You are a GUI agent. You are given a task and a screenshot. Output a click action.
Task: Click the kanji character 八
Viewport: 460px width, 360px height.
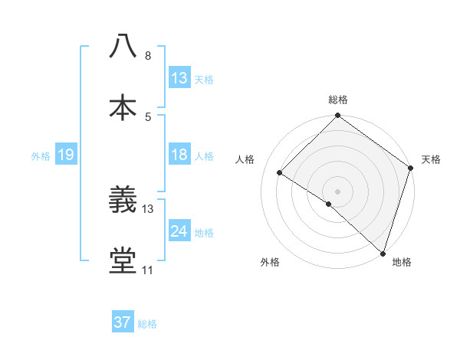click(x=123, y=46)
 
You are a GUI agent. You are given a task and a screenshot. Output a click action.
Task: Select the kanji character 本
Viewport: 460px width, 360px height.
click(x=123, y=107)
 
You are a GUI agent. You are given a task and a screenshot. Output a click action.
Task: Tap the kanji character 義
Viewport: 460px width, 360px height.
click(x=123, y=201)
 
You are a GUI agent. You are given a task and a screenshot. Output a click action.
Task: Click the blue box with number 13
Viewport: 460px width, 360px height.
click(x=179, y=78)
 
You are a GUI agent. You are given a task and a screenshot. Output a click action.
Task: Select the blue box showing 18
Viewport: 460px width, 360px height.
click(x=179, y=155)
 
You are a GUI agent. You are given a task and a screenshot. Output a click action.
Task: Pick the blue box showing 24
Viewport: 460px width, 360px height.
click(x=179, y=231)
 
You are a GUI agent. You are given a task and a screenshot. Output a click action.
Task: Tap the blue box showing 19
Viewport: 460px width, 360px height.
click(x=66, y=155)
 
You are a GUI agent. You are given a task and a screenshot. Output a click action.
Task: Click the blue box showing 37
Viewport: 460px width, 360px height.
click(x=123, y=322)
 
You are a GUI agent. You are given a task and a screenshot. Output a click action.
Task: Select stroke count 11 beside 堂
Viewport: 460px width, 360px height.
click(x=147, y=270)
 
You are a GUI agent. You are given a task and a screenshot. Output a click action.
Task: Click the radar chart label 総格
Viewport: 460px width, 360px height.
click(x=337, y=100)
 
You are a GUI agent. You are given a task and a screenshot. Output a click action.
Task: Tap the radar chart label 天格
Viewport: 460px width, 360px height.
click(x=431, y=159)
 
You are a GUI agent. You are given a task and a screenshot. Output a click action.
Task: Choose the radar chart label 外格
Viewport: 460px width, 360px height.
click(x=270, y=262)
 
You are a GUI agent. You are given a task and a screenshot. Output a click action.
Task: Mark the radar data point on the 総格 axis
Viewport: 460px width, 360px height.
click(x=337, y=116)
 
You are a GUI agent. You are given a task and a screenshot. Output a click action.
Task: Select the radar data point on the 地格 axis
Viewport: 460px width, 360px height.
click(x=382, y=252)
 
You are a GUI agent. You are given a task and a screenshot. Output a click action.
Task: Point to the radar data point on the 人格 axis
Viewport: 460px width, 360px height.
click(x=280, y=172)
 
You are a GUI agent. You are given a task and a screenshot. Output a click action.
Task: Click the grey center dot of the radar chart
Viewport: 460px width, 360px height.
click(x=337, y=191)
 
